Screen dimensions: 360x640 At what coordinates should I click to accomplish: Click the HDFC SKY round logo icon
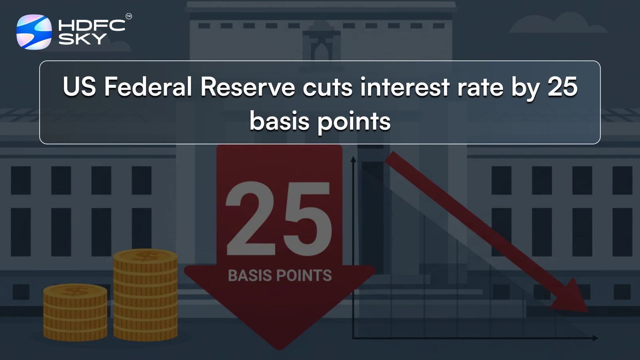34,32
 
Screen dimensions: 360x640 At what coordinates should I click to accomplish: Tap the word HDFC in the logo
92,26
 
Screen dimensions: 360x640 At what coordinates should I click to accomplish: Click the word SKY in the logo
82,39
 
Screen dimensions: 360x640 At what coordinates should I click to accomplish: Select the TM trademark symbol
129,16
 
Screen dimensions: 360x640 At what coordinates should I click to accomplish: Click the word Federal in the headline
148,87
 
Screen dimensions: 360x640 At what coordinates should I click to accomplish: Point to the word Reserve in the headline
248,87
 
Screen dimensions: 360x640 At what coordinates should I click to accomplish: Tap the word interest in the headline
404,87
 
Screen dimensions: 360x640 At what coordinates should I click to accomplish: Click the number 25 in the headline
562,87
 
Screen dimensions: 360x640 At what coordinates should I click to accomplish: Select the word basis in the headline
279,121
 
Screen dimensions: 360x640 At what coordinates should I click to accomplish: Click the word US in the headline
79,87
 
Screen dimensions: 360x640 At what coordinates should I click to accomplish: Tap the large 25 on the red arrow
279,219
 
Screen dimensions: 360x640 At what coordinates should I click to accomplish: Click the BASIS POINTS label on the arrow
280,276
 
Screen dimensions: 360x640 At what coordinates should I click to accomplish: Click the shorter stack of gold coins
75,312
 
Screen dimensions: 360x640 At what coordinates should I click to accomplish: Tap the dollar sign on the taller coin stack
145,256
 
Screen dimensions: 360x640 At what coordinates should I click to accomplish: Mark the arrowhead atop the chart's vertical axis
353,159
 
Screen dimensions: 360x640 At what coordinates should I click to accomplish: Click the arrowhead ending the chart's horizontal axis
596,338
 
